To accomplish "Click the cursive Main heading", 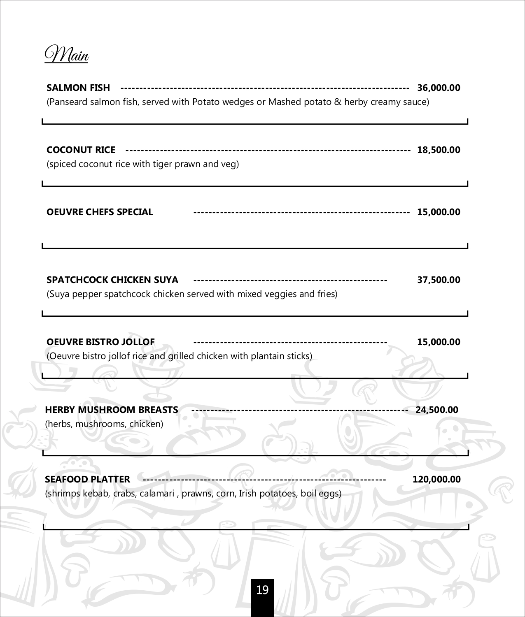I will click(67, 55).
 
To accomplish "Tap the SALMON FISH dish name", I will click(78, 88).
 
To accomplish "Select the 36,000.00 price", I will click(439, 88).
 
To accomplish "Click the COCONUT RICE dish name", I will click(81, 150).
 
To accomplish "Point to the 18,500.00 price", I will click(439, 150).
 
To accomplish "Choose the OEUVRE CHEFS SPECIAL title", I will click(100, 212).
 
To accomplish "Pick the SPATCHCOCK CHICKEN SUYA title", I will click(112, 280).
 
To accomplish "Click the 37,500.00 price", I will click(439, 280).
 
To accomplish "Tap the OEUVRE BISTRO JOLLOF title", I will click(100, 342).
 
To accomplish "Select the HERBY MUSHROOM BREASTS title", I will click(111, 410).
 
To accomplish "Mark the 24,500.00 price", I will click(437, 410).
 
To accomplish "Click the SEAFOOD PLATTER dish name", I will click(87, 479).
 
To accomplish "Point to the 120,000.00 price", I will click(436, 479).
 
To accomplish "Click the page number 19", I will click(262, 590).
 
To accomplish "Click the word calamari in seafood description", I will click(157, 493).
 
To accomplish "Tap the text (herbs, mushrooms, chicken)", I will click(104, 424).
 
